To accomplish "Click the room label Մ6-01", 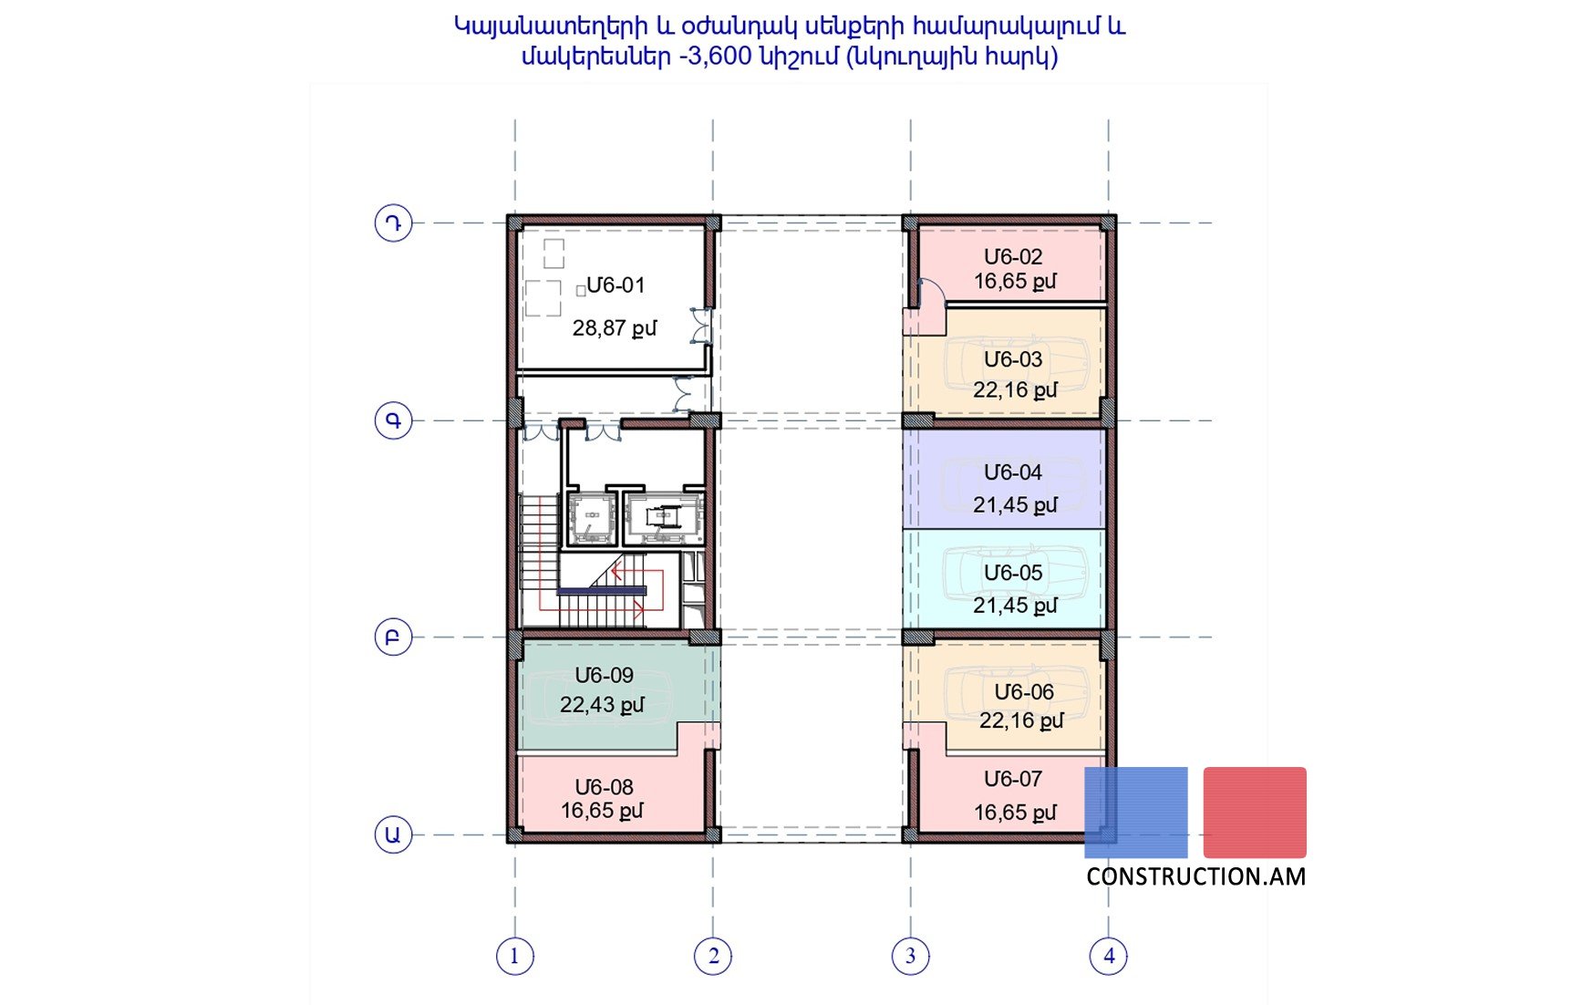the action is [x=615, y=285].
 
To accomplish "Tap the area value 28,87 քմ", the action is [x=614, y=328].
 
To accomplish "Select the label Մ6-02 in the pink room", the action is [x=1013, y=257].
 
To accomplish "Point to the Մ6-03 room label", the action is [x=1013, y=359].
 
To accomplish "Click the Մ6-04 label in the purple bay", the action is [x=1013, y=472].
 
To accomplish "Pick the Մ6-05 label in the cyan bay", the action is [x=1013, y=573].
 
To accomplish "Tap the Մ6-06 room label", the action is [x=1024, y=692].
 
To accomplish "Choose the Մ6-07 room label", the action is [x=1013, y=779].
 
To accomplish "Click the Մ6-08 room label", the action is [x=604, y=787].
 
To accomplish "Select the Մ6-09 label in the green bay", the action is [x=604, y=676].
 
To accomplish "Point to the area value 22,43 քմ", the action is [x=602, y=705].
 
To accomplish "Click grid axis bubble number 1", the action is [x=515, y=956].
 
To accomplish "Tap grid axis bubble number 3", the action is [x=910, y=956].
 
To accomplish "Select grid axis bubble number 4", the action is [x=1109, y=956].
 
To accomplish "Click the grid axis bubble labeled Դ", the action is [x=393, y=223].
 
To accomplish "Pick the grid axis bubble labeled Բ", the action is [x=393, y=637].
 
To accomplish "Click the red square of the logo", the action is [x=1255, y=812].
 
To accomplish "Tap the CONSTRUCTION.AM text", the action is [x=1195, y=876].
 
